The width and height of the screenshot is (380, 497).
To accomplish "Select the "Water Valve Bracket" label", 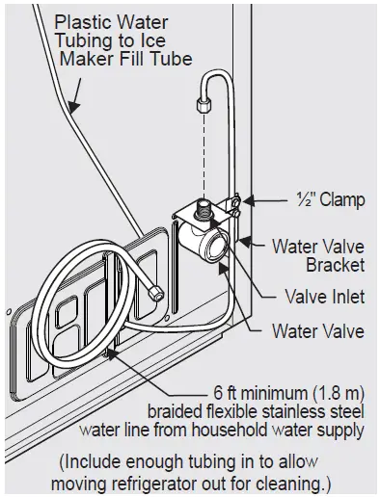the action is pos(318,255).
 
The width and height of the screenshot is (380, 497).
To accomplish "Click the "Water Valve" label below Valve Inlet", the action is pos(317,331).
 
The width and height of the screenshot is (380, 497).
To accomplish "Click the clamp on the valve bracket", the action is pos(231,203).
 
